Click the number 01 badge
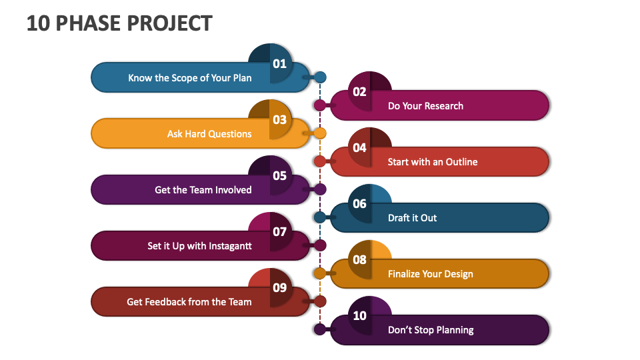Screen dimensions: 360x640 pyautogui.click(x=279, y=64)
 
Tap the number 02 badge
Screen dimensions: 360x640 pyautogui.click(x=360, y=92)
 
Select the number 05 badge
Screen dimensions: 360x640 pyautogui.click(x=279, y=176)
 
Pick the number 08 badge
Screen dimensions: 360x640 pyautogui.click(x=360, y=260)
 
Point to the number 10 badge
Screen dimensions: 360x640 pyautogui.click(x=360, y=316)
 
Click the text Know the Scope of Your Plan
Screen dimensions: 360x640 pyautogui.click(x=190, y=78)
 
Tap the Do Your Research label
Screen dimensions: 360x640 pyautogui.click(x=425, y=106)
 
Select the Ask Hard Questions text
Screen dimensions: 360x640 pyautogui.click(x=209, y=134)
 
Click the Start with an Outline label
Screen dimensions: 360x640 pyautogui.click(x=433, y=162)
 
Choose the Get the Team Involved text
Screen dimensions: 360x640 pyautogui.click(x=203, y=190)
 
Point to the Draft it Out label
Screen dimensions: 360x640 pyautogui.click(x=413, y=218)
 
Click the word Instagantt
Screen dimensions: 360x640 pyautogui.click(x=230, y=246)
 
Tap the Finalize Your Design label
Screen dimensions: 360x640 pyautogui.click(x=431, y=274)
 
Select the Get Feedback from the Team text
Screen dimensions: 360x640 pyautogui.click(x=189, y=302)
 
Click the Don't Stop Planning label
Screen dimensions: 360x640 pyautogui.click(x=431, y=330)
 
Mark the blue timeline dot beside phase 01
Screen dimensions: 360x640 pyautogui.click(x=320, y=77)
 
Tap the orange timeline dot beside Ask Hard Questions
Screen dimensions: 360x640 pyautogui.click(x=320, y=133)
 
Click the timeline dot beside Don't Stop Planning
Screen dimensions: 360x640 pyautogui.click(x=320, y=329)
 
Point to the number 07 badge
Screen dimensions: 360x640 pyautogui.click(x=279, y=232)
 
